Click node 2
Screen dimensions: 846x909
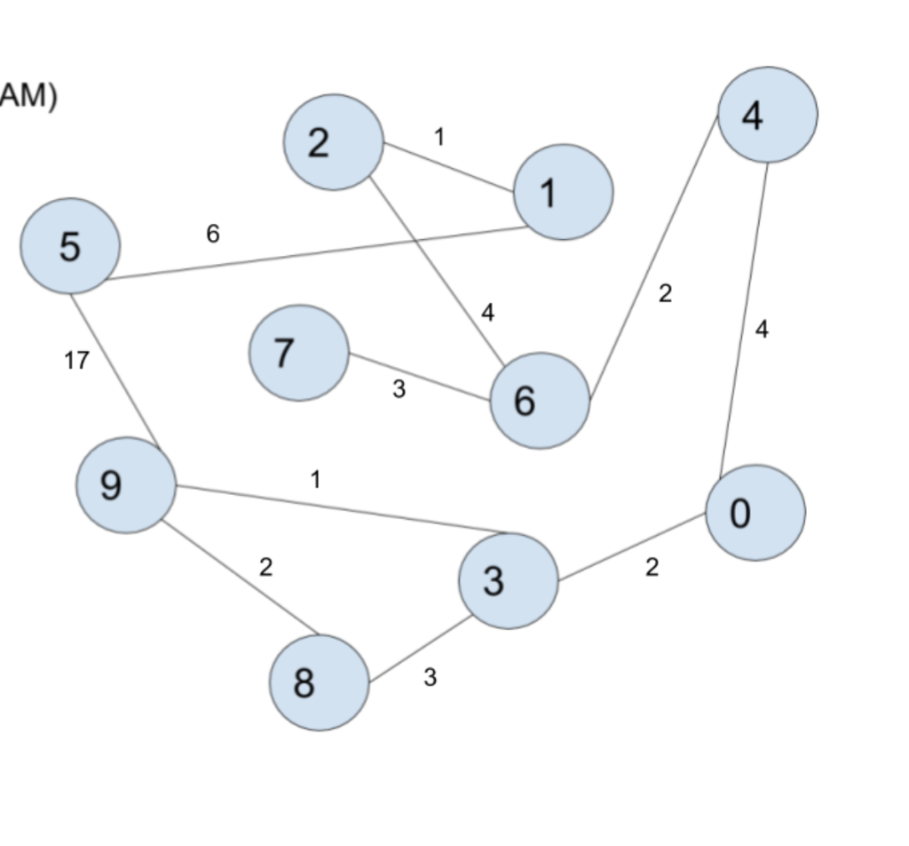(x=333, y=142)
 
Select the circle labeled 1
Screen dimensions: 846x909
(x=563, y=192)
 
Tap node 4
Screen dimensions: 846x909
(x=767, y=115)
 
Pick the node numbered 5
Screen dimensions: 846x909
(x=70, y=246)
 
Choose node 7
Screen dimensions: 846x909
(x=298, y=353)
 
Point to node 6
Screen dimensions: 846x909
(x=539, y=401)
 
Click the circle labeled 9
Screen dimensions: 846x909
(x=125, y=485)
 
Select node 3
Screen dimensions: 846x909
(x=508, y=580)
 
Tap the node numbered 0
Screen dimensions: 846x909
(x=755, y=513)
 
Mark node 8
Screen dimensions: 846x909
(x=319, y=682)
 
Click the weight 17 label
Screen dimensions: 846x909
(x=77, y=360)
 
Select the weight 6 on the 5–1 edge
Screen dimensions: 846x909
(x=213, y=234)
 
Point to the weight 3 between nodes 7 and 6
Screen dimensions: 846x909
(x=399, y=388)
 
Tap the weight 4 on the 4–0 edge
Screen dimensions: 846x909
(x=762, y=329)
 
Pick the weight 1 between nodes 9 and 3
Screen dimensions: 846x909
(x=315, y=480)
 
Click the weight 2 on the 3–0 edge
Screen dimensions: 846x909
(x=652, y=567)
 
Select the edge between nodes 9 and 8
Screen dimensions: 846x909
(x=239, y=578)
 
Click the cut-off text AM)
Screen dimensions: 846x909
(x=28, y=94)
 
